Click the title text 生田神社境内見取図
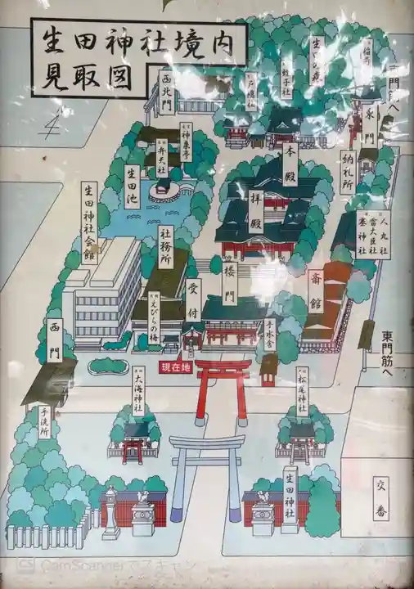(137, 58)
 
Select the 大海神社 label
(138, 391)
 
